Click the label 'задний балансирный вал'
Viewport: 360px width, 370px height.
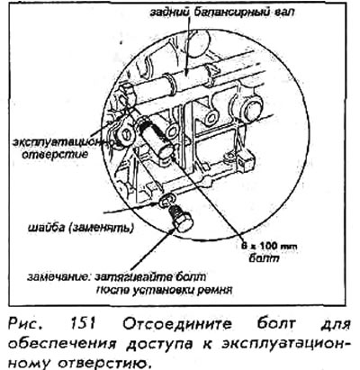pyautogui.click(x=222, y=13)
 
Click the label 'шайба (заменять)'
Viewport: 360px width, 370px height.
pyautogui.click(x=80, y=228)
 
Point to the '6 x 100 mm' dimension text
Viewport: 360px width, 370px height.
pyautogui.click(x=269, y=247)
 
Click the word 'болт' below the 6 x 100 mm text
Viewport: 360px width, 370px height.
pyautogui.click(x=264, y=257)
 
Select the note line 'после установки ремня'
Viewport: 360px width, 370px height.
pyautogui.click(x=165, y=290)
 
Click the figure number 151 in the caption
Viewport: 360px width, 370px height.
pyautogui.click(x=83, y=324)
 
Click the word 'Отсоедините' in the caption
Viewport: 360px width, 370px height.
pyautogui.click(x=176, y=324)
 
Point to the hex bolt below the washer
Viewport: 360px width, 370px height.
pyautogui.click(x=179, y=220)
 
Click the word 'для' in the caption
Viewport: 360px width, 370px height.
pyautogui.click(x=336, y=325)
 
